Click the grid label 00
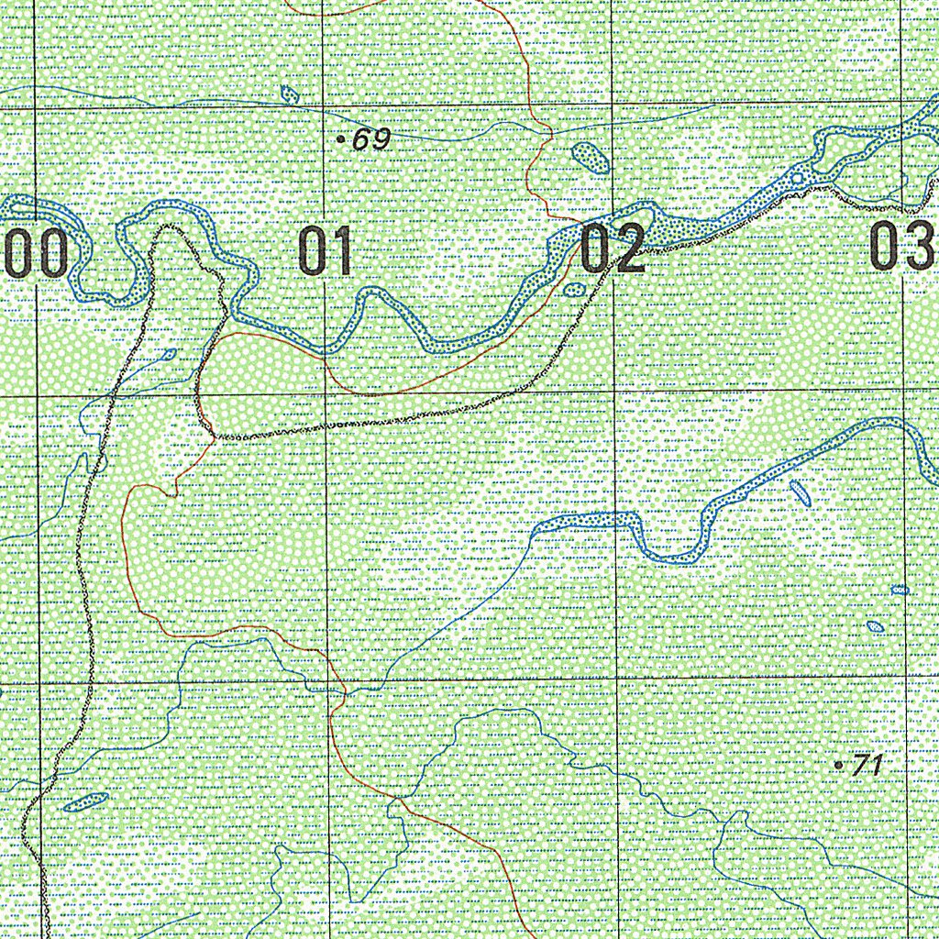point(35,253)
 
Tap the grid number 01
point(326,252)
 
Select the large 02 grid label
point(613,249)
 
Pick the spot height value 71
point(866,765)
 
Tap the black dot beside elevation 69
point(341,140)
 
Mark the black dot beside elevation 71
point(838,764)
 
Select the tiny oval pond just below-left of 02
point(575,290)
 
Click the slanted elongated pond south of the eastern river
point(800,493)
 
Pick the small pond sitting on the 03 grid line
point(900,590)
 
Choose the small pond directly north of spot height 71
point(876,627)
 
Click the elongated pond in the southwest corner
point(85,802)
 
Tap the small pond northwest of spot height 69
point(290,94)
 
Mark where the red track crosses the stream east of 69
point(548,135)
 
